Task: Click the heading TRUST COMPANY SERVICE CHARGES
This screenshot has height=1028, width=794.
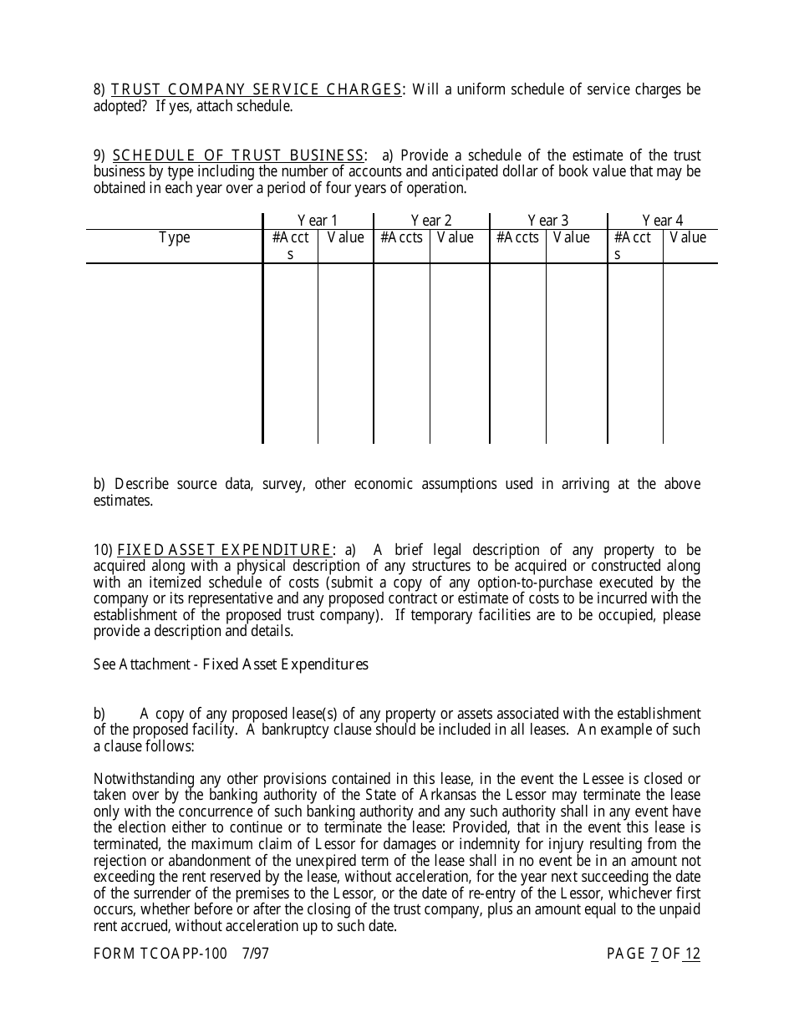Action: (257, 89)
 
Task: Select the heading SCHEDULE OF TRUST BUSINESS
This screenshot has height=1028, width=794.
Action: (238, 155)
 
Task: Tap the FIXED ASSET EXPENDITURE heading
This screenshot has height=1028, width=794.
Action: (225, 550)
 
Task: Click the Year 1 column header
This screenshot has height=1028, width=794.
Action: (318, 221)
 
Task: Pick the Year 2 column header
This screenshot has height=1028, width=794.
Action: (431, 221)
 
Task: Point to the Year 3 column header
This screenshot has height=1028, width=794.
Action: (548, 221)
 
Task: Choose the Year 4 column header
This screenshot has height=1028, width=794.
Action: (663, 221)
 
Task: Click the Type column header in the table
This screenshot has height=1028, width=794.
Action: (175, 238)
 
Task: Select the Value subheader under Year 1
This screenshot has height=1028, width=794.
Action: (345, 238)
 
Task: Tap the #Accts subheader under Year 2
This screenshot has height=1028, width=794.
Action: (402, 238)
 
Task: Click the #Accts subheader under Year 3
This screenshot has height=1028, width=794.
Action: (518, 238)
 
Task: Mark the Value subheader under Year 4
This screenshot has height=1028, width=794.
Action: (688, 238)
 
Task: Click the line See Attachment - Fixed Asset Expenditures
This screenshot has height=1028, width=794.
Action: (231, 664)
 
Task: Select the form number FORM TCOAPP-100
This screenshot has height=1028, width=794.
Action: (160, 954)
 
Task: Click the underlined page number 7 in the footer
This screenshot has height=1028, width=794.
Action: (654, 954)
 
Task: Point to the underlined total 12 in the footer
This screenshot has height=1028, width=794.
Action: (692, 954)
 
